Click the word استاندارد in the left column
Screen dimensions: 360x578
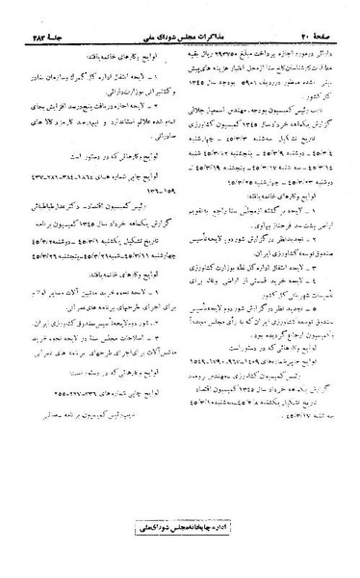click(x=111, y=86)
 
